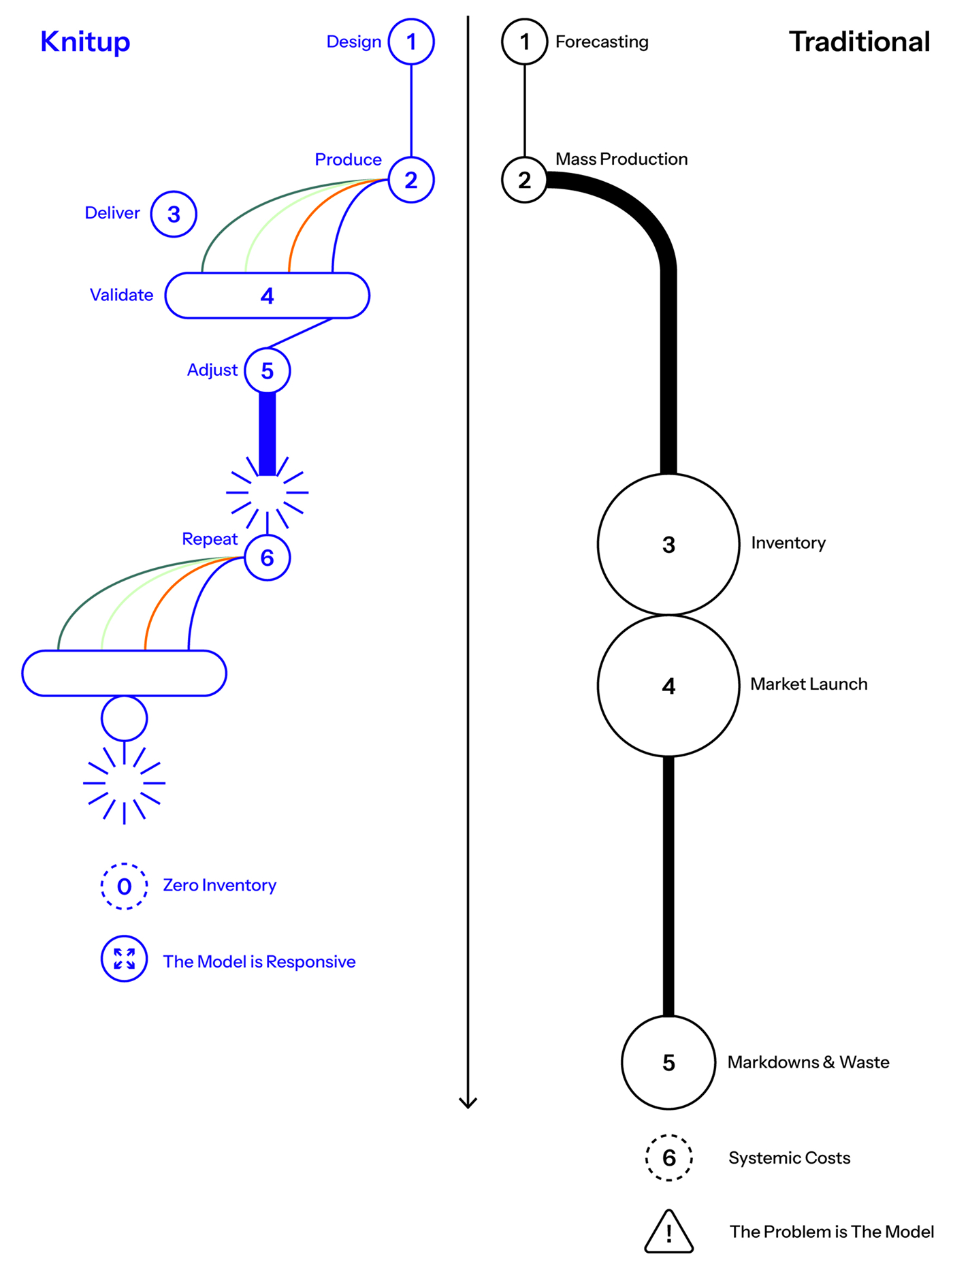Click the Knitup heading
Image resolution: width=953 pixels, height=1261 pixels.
point(85,42)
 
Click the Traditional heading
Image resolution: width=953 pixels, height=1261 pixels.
point(859,42)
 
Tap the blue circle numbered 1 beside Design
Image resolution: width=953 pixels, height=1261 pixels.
point(411,42)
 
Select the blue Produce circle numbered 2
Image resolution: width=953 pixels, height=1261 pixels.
point(411,180)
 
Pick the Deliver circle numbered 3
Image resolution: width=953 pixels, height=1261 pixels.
point(174,214)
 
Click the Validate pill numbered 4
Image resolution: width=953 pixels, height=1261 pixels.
point(267,296)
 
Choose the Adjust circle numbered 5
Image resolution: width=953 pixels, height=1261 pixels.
point(268,370)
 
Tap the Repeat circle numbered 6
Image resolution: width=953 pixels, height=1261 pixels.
point(268,558)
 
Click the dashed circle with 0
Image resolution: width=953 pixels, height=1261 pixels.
point(124,886)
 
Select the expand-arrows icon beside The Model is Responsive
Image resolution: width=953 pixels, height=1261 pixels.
point(124,959)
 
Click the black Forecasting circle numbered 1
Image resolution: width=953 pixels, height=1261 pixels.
point(524,42)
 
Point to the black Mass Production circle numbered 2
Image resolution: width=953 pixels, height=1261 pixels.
point(524,180)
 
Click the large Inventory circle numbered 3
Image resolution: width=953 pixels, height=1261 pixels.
point(668,545)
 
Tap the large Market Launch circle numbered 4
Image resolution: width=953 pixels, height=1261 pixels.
point(668,686)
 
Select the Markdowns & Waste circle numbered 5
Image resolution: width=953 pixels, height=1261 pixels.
point(668,1062)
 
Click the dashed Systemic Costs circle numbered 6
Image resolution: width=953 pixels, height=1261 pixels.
point(668,1158)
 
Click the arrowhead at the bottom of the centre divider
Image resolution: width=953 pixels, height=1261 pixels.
point(468,1102)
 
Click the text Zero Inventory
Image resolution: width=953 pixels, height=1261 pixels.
point(219,885)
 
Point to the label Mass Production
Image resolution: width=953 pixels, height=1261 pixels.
point(621,159)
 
